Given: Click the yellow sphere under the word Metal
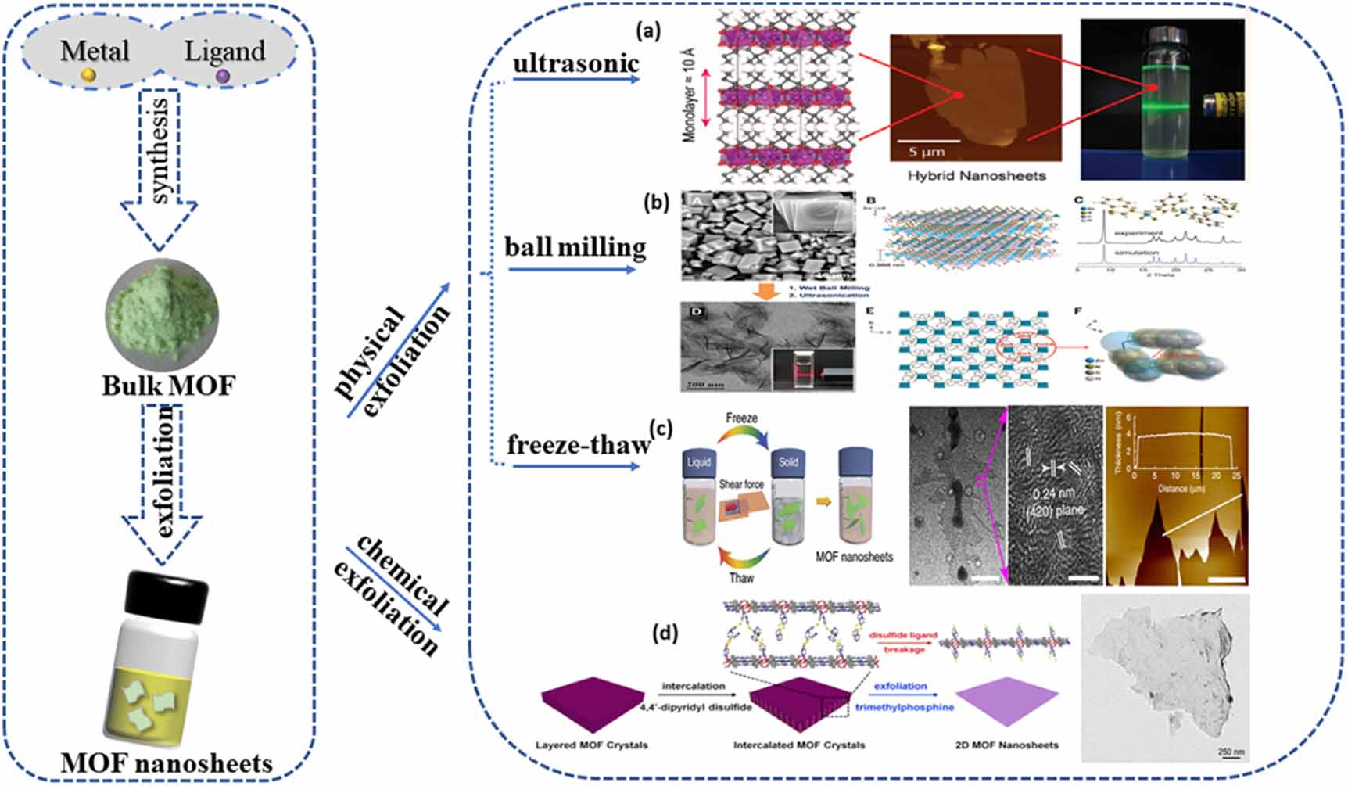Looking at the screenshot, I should [x=89, y=75].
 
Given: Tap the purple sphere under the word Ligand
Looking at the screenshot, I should [x=223, y=76].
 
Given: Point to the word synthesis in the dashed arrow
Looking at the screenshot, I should [x=160, y=151].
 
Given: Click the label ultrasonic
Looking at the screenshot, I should [x=575, y=63].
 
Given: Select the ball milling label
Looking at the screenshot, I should [x=575, y=247].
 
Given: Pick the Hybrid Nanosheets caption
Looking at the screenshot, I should [x=976, y=176].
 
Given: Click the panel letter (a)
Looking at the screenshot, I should [x=648, y=31].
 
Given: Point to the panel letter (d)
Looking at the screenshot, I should [x=665, y=632].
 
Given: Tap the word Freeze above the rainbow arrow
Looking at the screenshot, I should [x=741, y=418].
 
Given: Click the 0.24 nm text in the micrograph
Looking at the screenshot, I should [x=1053, y=494].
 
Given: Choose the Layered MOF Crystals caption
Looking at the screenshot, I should [x=591, y=745].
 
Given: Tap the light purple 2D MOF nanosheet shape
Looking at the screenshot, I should [x=1007, y=700].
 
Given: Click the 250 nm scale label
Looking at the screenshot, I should [x=1230, y=752].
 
